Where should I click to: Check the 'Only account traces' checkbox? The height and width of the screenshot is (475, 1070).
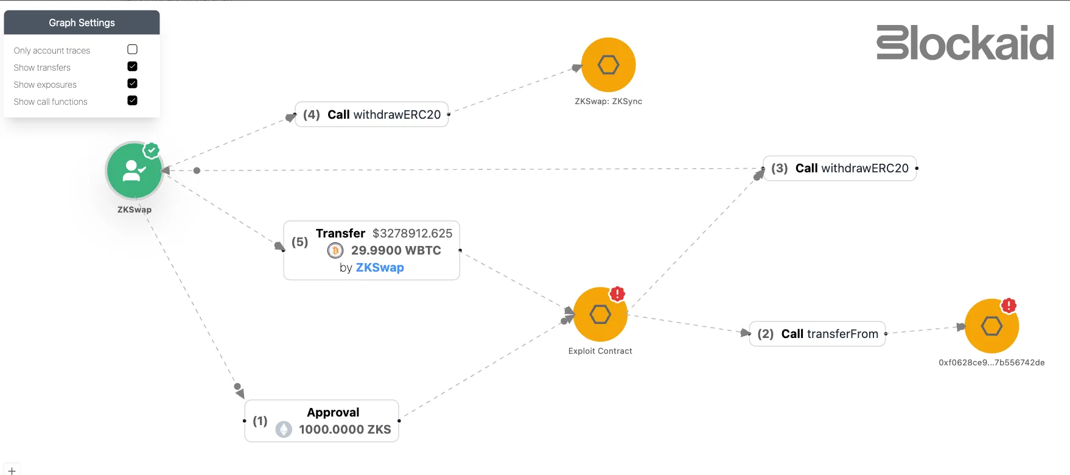point(132,49)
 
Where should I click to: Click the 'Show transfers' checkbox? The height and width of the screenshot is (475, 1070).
point(132,66)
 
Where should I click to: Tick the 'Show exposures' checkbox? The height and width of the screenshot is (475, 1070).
point(132,83)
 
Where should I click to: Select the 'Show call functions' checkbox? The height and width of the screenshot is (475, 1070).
point(132,100)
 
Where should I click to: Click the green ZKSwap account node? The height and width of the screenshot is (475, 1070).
point(134,171)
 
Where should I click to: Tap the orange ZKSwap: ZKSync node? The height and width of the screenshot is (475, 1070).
point(608,65)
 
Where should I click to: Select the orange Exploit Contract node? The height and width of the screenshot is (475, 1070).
point(600,315)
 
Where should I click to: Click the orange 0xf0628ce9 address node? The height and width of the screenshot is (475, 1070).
point(991,326)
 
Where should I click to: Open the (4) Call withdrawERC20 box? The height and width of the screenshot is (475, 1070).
point(372,114)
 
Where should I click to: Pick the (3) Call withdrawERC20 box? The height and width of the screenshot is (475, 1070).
point(839,168)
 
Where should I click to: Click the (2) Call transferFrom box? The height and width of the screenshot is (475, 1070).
point(817,334)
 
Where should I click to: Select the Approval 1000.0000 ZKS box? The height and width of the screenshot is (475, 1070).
point(321,421)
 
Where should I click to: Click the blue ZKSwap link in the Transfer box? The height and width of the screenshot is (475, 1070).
point(380,267)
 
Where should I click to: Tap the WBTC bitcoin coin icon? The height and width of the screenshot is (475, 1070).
point(335,250)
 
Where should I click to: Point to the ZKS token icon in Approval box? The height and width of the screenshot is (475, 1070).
point(284,429)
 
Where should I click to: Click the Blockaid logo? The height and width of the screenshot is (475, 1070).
point(965,43)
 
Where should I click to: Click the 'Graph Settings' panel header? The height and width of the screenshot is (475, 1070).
point(82,23)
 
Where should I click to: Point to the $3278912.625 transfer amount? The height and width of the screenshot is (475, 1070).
point(412,233)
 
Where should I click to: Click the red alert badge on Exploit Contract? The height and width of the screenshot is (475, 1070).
point(617,294)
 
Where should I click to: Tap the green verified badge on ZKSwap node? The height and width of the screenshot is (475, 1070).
point(152,150)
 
